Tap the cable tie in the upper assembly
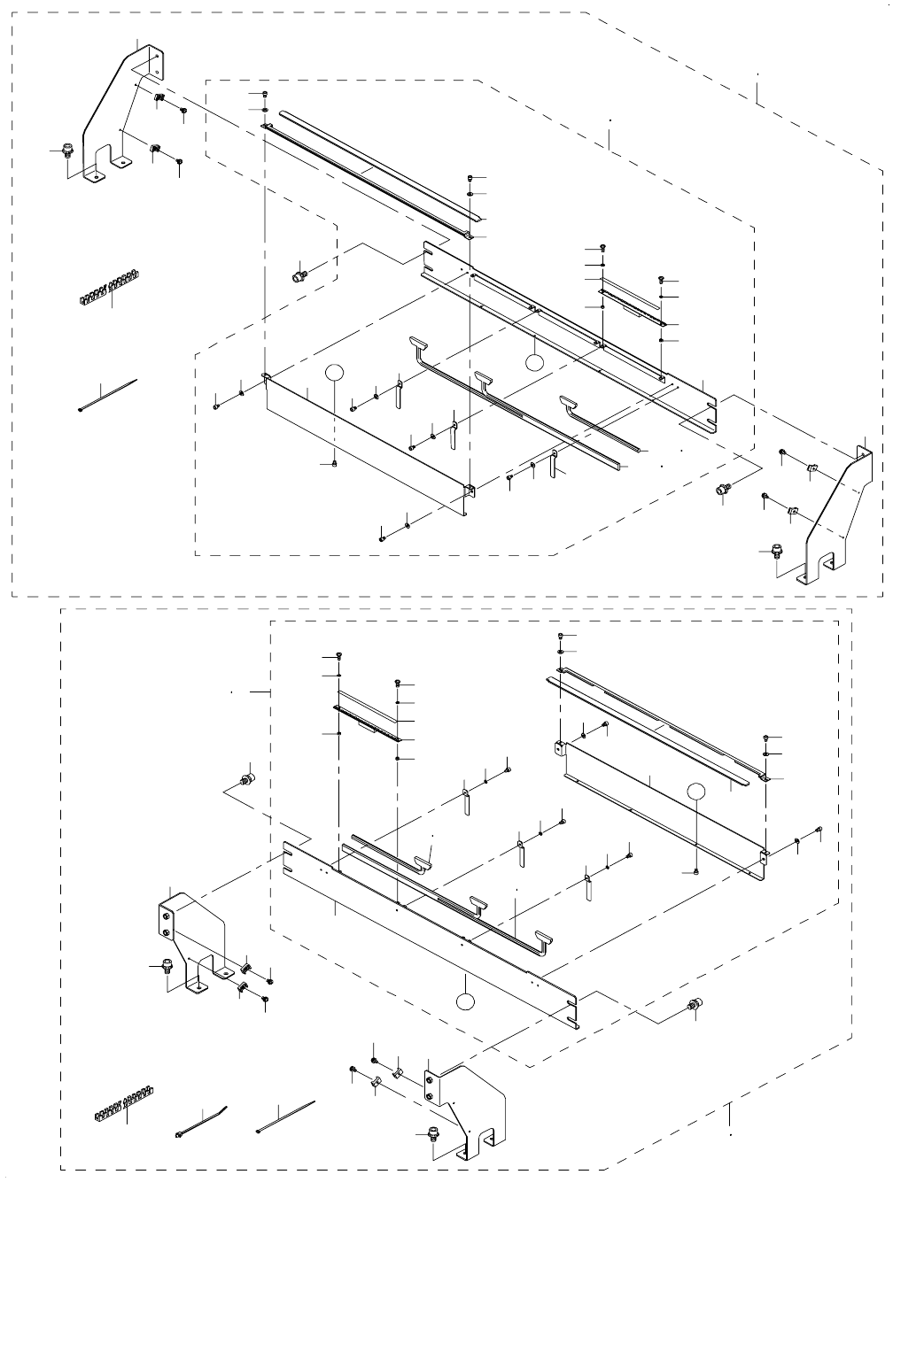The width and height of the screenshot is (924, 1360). pyautogui.click(x=108, y=395)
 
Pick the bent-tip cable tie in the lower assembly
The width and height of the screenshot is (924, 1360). pyautogui.click(x=202, y=1123)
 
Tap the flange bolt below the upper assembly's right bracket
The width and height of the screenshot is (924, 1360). pyautogui.click(x=777, y=551)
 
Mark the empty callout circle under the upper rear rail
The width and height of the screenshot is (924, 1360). pyautogui.click(x=533, y=361)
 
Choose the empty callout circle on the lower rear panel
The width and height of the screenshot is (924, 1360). pyautogui.click(x=698, y=793)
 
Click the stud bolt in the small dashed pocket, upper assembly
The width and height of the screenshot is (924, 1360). pyautogui.click(x=299, y=276)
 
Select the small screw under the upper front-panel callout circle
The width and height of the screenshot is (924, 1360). pyautogui.click(x=334, y=466)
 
